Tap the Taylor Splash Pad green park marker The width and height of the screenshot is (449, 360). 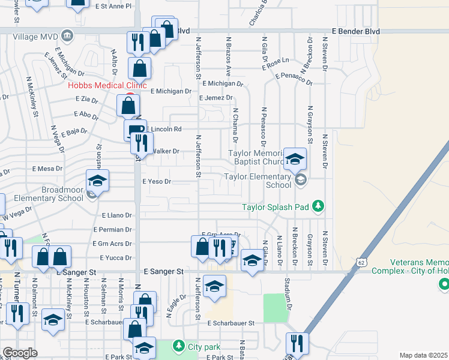pyautogui.click(x=318, y=207)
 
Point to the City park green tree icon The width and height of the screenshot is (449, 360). pyautogui.click(x=178, y=346)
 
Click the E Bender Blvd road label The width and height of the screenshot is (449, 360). pyautogui.click(x=357, y=30)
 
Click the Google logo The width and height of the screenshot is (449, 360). pyautogui.click(x=20, y=353)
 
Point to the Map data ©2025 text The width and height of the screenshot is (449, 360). pyautogui.click(x=423, y=355)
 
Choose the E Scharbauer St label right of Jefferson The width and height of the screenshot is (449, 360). pyautogui.click(x=231, y=323)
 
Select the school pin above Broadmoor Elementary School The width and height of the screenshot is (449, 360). pyautogui.click(x=97, y=181)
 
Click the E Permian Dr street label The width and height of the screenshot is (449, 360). pyautogui.click(x=112, y=229)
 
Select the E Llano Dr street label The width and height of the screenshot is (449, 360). pyautogui.click(x=116, y=215)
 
